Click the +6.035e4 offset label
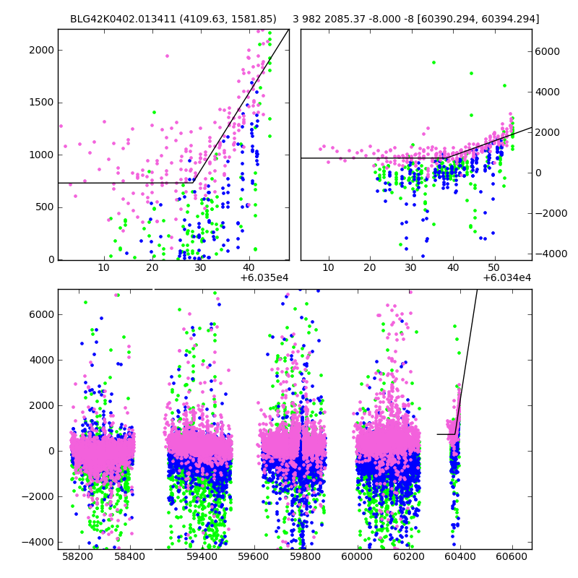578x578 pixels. tap(264, 277)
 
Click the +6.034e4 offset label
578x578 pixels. tap(507, 277)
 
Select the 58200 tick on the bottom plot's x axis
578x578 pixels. tap(77, 557)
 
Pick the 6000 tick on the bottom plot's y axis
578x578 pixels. tap(41, 314)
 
